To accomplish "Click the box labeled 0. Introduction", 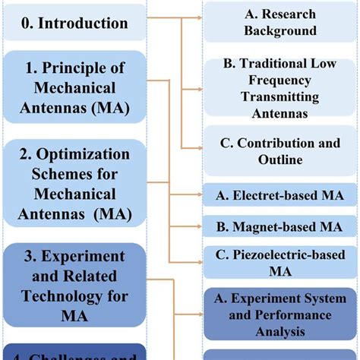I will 74,23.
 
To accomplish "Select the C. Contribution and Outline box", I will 280,150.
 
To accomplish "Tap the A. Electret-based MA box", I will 280,195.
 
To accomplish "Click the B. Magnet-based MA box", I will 280,226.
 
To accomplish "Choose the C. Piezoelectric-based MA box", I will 280,263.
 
